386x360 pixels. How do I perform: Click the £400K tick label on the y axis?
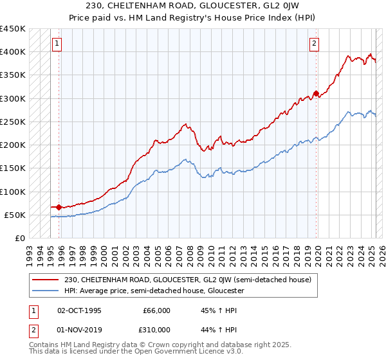tap(13, 52)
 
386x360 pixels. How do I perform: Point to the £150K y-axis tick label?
tap(13, 168)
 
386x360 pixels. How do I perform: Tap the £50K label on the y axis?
tap(15, 215)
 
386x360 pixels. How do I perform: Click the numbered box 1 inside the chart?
tap(57, 44)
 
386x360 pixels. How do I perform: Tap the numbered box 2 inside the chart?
tap(314, 44)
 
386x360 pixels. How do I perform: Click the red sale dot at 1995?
tap(59, 207)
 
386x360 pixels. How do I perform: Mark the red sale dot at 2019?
tap(316, 94)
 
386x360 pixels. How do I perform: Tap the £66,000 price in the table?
tap(156, 310)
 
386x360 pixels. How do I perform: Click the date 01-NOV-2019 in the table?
tap(79, 328)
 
